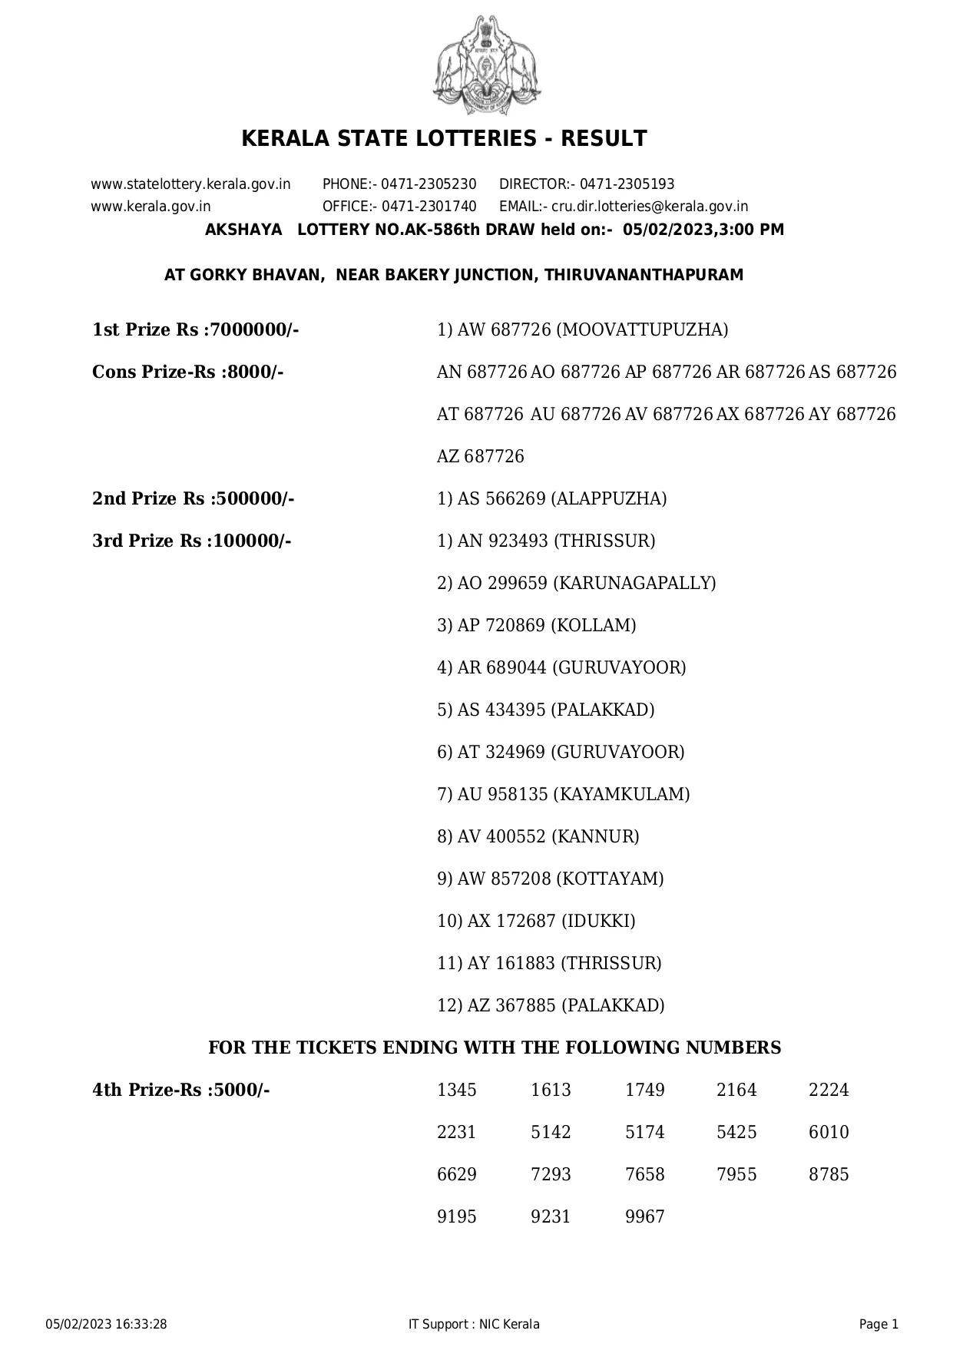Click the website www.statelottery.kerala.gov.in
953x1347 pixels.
[190, 184]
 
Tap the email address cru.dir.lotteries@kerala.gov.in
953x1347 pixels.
[650, 207]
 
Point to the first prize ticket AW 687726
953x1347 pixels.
[504, 330]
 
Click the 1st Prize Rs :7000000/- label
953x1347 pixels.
[195, 330]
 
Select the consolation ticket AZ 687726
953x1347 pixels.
[480, 457]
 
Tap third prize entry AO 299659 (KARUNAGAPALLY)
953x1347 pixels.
[576, 584]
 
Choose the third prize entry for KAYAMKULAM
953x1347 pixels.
[563, 795]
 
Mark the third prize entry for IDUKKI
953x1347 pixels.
[536, 922]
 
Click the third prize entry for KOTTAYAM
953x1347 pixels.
[550, 879]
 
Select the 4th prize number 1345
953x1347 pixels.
[456, 1091]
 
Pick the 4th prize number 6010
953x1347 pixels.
[829, 1133]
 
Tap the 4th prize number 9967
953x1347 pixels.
[644, 1217]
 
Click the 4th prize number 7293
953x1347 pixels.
[551, 1175]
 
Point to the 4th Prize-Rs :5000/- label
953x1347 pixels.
[180, 1091]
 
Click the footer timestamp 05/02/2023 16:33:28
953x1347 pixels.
[107, 1324]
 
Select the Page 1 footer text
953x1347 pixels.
[879, 1324]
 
